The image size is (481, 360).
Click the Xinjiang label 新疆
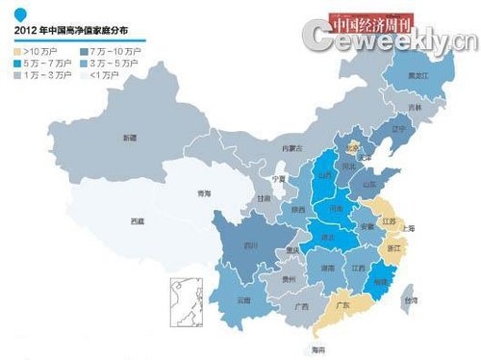[x=129, y=139]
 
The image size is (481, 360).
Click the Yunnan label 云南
[x=242, y=299]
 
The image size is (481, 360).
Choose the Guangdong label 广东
[x=342, y=308]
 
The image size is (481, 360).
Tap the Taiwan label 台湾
[x=411, y=301]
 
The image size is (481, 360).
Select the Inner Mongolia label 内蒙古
[x=291, y=147]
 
